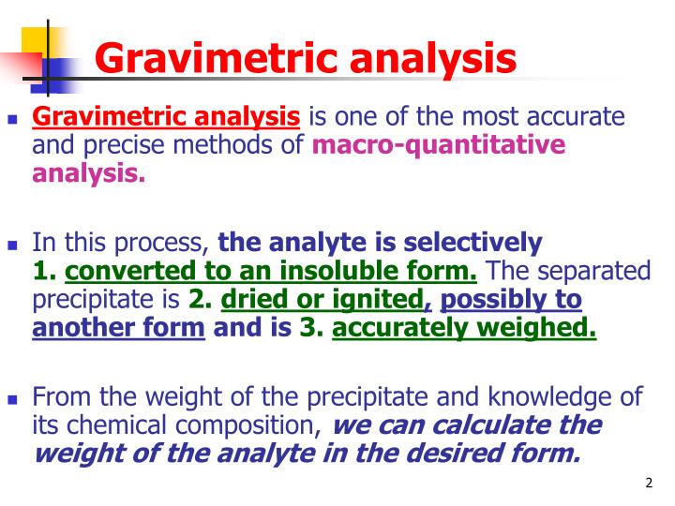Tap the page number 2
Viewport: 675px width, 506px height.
tap(649, 484)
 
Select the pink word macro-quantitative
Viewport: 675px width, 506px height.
tap(439, 145)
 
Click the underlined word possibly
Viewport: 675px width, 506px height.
tap(488, 300)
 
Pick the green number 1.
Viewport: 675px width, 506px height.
tap(43, 273)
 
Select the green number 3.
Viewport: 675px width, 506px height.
tap(309, 329)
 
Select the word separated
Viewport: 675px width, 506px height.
tap(585, 273)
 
